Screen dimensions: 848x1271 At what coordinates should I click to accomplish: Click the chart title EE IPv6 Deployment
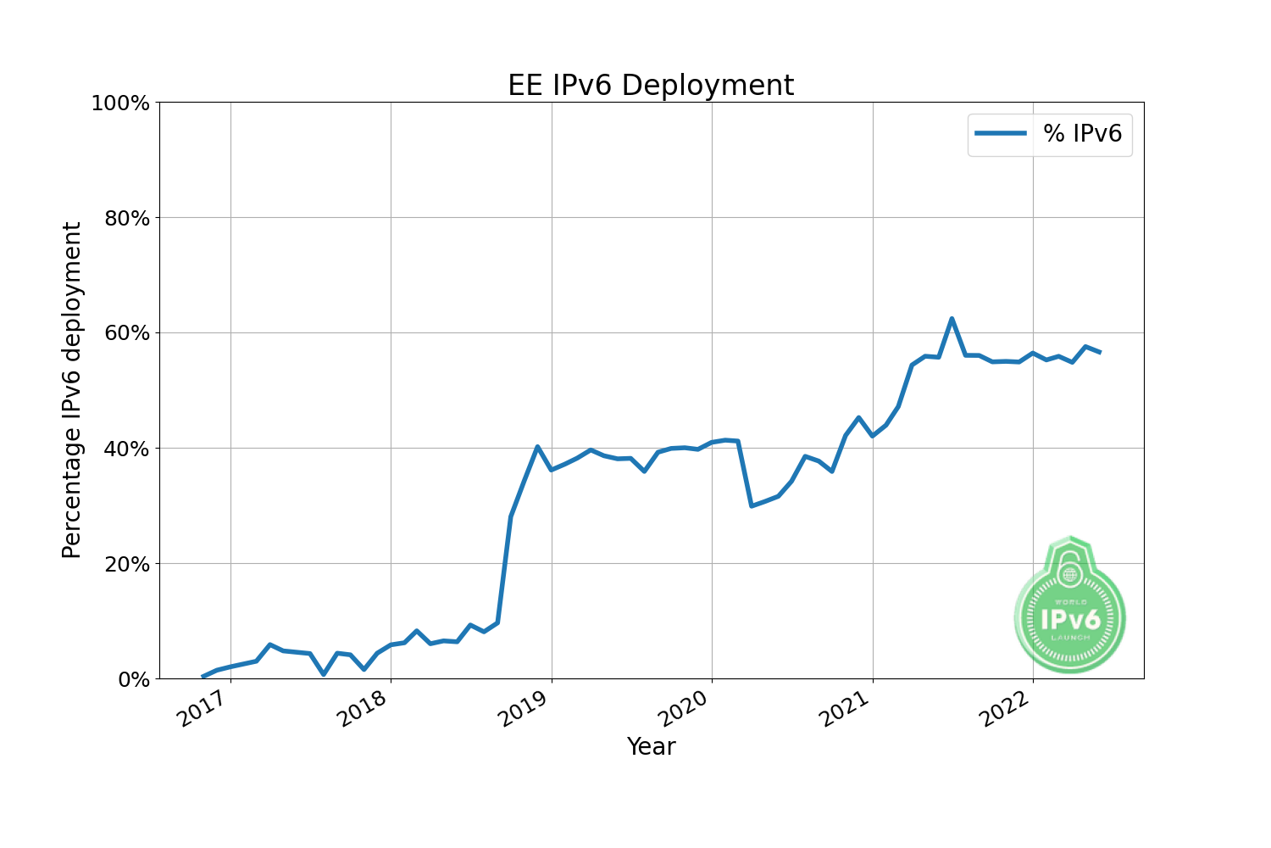651,86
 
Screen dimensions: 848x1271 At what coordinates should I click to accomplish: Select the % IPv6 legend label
1082,133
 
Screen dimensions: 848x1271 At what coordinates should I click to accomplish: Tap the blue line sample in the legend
1001,133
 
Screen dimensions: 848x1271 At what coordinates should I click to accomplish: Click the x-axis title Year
651,747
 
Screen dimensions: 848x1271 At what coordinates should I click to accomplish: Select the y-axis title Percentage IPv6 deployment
73,390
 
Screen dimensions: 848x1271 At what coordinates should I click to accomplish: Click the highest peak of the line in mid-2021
952,319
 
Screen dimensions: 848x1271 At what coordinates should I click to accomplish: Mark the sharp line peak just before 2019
537,447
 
